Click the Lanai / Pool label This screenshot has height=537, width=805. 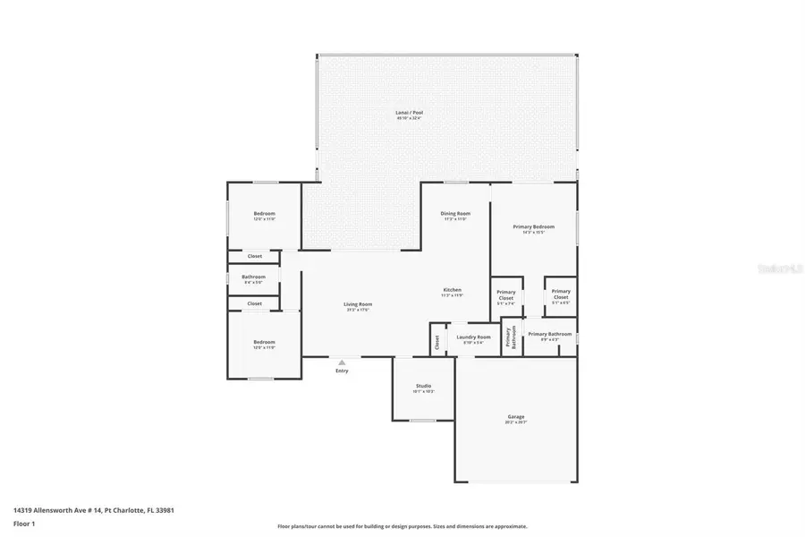410,113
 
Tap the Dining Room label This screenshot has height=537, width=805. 454,213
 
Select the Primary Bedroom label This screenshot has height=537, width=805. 533,226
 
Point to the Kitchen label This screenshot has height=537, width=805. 453,290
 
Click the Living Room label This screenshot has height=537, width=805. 358,304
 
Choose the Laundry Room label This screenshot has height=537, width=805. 473,337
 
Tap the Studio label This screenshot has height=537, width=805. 423,386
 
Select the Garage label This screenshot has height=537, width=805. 516,416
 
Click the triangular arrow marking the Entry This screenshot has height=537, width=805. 342,362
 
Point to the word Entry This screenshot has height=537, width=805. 342,371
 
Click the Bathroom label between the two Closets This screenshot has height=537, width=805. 253,277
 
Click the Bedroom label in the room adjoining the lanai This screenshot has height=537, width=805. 264,213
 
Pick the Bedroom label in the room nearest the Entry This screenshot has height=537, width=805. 264,342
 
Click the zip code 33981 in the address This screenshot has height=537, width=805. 163,510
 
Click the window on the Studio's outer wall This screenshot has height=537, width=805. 423,420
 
